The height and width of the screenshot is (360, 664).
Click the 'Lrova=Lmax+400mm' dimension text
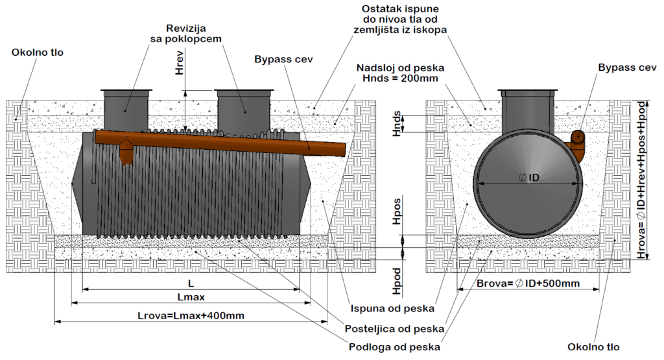point(191,316)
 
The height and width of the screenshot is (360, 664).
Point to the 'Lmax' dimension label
point(191,297)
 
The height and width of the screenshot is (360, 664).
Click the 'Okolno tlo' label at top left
point(38,52)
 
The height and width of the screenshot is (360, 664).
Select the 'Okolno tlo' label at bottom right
point(594,347)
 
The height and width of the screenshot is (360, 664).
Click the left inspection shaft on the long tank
point(126,110)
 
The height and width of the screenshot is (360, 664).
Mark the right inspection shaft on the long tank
point(243,110)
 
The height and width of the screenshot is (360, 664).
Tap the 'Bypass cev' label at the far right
point(627,67)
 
